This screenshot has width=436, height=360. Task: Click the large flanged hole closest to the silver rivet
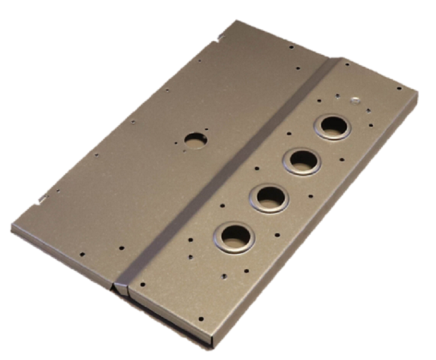click(x=332, y=127)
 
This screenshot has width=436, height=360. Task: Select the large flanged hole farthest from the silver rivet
click(x=237, y=236)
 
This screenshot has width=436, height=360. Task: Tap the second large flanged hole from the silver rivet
click(x=302, y=161)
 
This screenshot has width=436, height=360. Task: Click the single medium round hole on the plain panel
click(x=194, y=139)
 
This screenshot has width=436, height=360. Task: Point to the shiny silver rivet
click(x=355, y=100)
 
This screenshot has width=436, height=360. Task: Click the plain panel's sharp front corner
click(x=13, y=227)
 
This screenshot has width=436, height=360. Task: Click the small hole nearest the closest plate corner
click(x=200, y=319)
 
